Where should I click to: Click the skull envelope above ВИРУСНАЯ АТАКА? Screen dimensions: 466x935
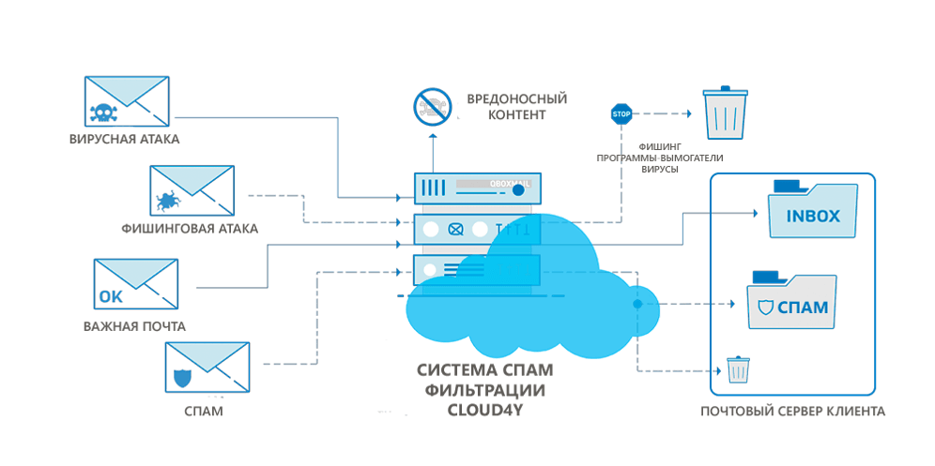pyautogui.click(x=126, y=102)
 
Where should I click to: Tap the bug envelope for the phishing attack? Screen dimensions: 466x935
pyautogui.click(x=192, y=191)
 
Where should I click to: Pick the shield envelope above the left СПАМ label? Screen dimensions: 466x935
pyautogui.click(x=207, y=368)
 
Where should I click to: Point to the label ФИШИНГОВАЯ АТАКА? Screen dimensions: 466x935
pyautogui.click(x=190, y=228)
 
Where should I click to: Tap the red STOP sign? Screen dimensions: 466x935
pyautogui.click(x=621, y=114)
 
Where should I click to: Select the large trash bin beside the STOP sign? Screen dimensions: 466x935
pyautogui.click(x=726, y=113)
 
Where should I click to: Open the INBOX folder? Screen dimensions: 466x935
pyautogui.click(x=812, y=211)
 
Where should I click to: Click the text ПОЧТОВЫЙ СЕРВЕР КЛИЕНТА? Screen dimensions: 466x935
pyautogui.click(x=793, y=412)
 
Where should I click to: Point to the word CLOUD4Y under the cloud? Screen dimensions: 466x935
pyautogui.click(x=484, y=408)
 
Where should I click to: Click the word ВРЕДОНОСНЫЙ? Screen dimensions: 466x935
pyautogui.click(x=517, y=98)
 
